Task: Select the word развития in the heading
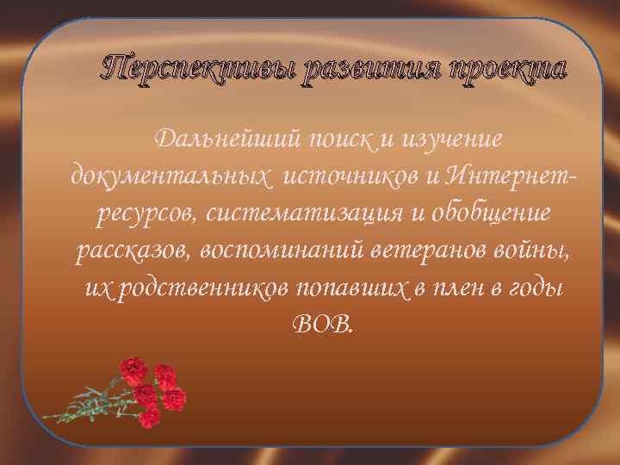coord(358,68)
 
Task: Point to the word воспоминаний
coord(293,250)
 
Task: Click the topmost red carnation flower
coord(133,370)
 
